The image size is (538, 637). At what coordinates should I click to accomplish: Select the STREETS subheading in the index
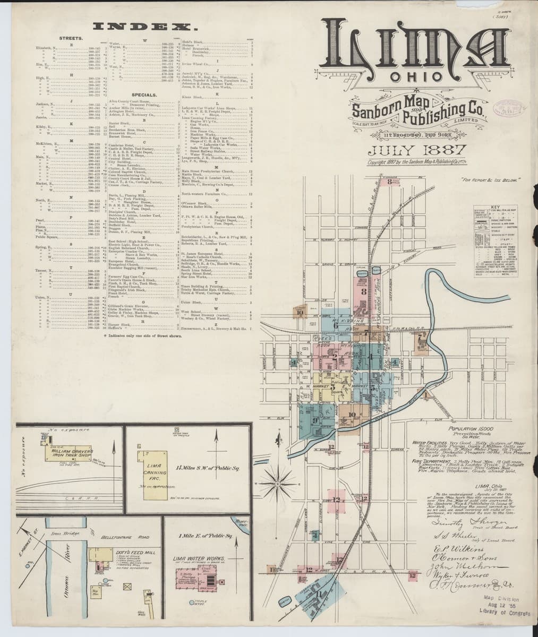[70, 39]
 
